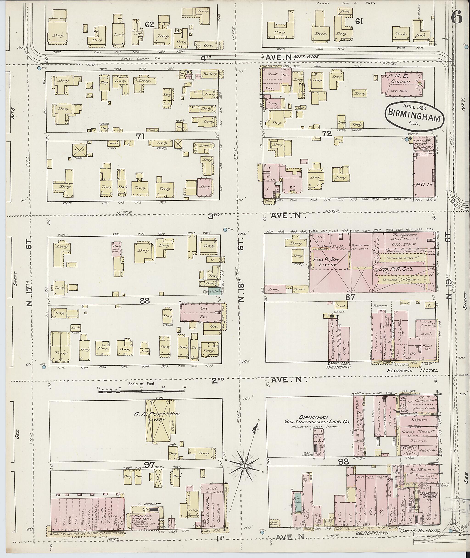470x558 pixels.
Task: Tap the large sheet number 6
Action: click(456, 19)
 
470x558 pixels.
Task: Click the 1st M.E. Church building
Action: click(403, 82)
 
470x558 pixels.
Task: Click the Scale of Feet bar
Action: click(141, 391)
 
